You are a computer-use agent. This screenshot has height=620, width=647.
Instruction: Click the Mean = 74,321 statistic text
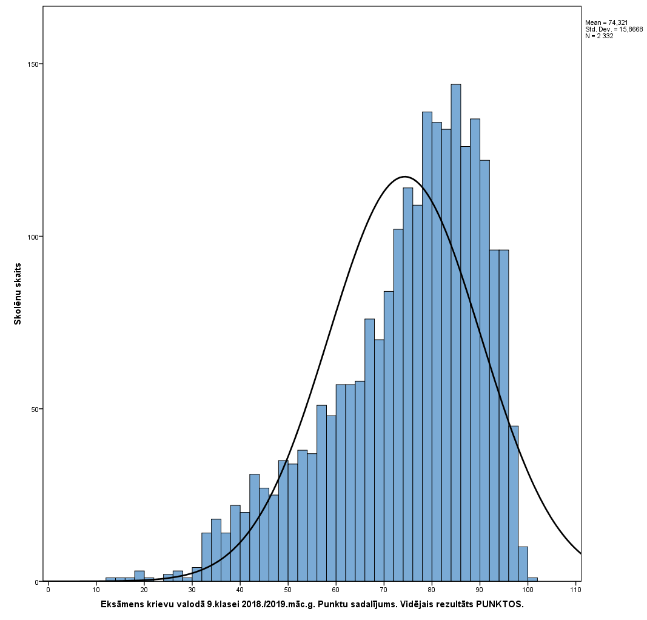point(606,22)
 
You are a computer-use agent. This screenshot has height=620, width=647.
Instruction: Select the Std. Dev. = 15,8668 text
point(614,29)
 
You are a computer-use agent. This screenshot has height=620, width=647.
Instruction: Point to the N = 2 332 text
point(599,36)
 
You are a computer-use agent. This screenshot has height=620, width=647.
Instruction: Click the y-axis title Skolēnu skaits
point(18,294)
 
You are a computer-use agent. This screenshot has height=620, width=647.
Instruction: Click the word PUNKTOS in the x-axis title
point(499,605)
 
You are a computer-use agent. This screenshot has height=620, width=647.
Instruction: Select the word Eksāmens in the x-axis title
point(123,605)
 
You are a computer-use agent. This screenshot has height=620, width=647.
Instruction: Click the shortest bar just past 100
point(532,579)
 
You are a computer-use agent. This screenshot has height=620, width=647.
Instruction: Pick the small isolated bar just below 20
point(139,576)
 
